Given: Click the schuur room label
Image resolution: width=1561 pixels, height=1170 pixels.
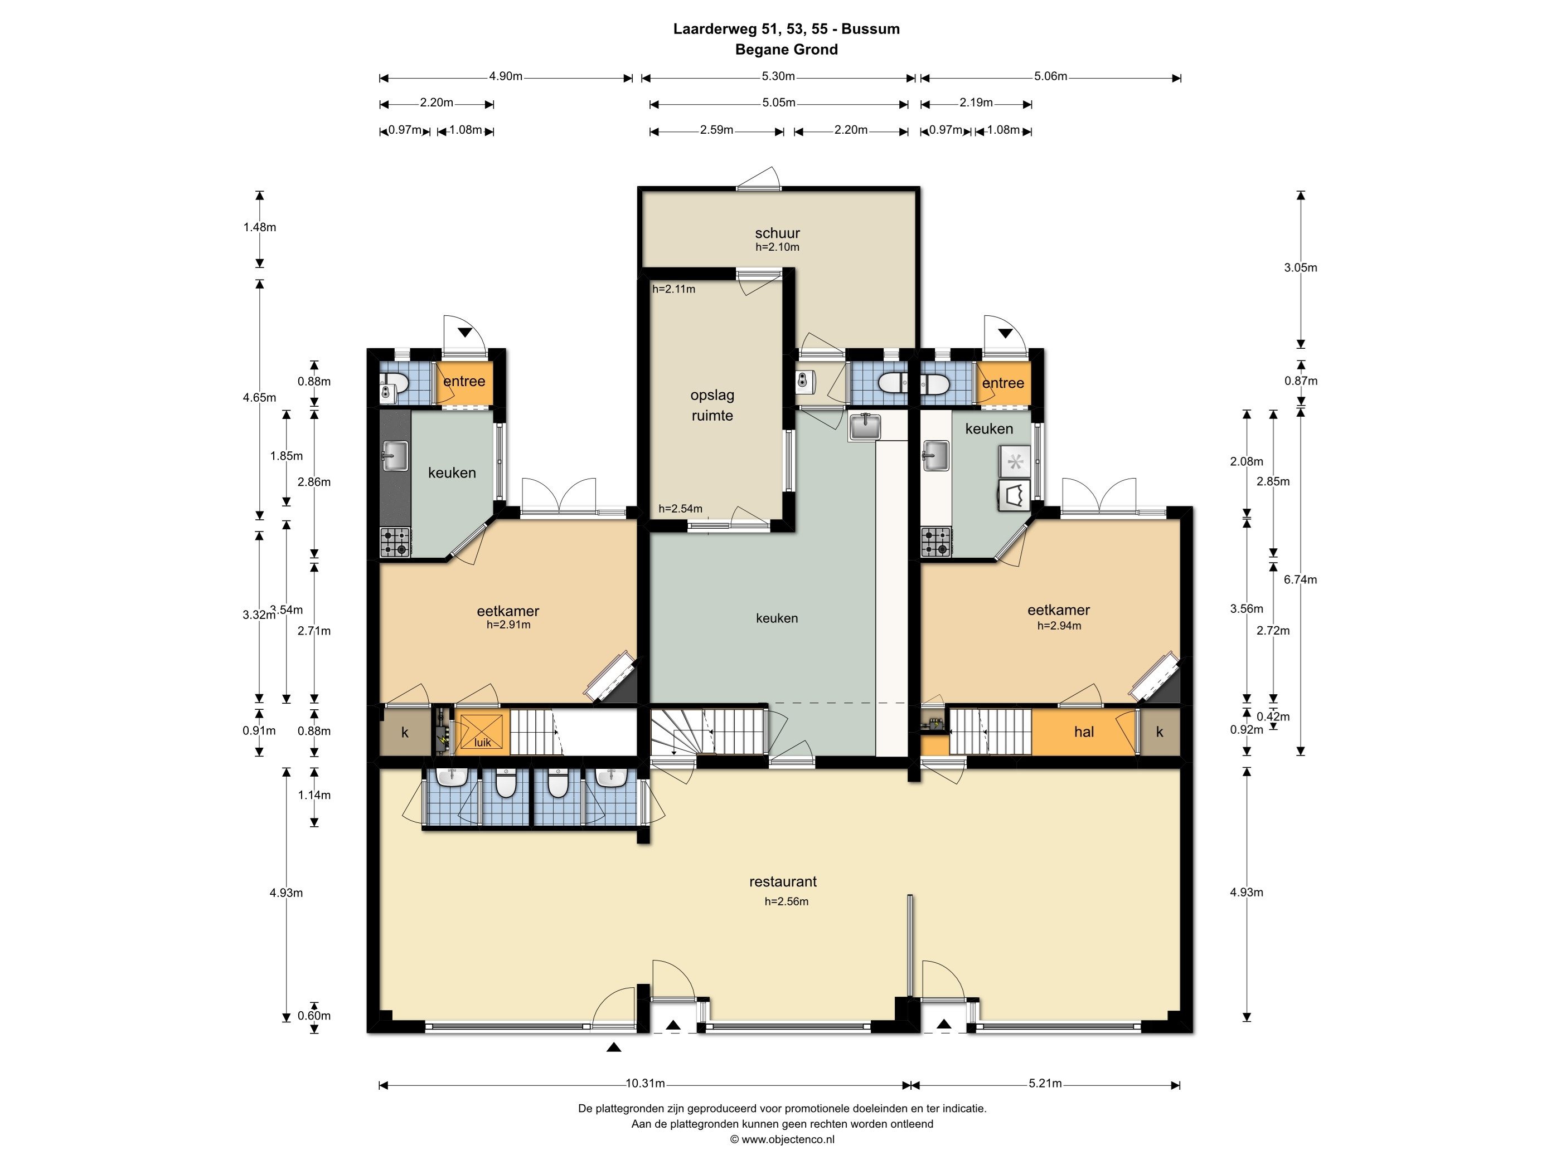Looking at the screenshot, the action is coord(777,233).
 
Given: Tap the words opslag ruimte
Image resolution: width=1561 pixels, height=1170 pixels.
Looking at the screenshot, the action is coord(712,406).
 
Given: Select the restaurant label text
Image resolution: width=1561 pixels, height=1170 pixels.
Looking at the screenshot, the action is coord(783,881).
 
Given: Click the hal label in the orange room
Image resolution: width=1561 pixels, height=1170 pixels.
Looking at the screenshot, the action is coord(1084,732).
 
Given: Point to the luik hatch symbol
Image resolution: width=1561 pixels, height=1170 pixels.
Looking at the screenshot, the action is coord(482,732).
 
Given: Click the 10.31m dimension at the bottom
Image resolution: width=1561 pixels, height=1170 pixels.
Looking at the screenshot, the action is coord(645,1083).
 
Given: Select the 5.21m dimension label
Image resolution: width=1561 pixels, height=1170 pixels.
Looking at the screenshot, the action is coord(1045,1083).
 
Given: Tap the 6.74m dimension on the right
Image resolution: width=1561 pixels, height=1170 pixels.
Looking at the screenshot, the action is coord(1300,580).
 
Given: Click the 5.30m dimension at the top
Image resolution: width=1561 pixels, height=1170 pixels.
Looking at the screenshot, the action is coord(778,76).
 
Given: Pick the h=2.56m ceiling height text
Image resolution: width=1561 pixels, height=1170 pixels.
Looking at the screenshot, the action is coord(786,901).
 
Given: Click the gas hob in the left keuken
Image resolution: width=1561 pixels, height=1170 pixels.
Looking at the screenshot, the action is coord(395,542).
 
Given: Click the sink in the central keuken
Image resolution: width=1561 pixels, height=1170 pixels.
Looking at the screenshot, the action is coord(865,426).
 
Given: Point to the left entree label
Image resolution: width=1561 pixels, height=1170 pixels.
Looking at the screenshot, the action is coord(464,382).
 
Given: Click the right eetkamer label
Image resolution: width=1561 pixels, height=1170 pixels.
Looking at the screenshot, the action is coord(1059,610).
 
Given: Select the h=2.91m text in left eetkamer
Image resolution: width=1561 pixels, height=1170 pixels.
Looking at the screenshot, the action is coord(508,625).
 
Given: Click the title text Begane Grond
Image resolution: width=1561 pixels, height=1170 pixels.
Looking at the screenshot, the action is coord(786,50).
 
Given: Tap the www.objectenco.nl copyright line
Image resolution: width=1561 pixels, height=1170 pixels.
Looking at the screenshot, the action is coord(782,1139).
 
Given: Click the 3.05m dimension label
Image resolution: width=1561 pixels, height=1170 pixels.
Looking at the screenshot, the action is coord(1300,268).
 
